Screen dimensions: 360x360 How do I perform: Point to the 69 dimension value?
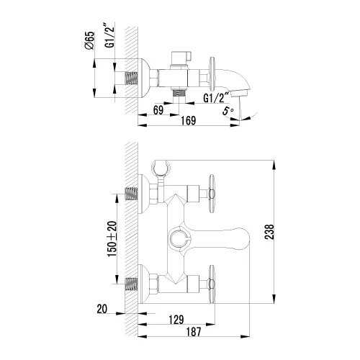coord(160,109)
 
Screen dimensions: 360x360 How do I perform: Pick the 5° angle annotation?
coord(229,111)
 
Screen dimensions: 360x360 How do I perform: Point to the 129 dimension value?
coord(176,318)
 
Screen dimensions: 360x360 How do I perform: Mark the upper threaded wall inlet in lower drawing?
coord(131,193)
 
